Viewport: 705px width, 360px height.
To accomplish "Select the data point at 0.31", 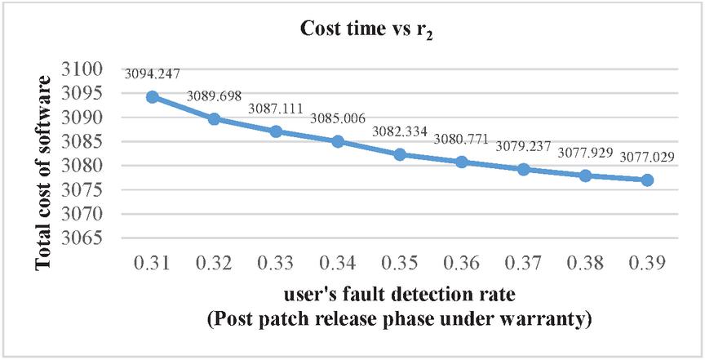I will pos(152,96).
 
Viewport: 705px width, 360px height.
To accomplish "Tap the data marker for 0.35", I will pos(400,154).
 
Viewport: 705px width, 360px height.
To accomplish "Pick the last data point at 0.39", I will pos(647,180).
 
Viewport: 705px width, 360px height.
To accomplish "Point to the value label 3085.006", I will pos(337,119).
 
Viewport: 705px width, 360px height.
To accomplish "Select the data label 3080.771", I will pos(462,140).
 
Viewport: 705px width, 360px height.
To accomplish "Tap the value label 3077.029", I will pos(646,157).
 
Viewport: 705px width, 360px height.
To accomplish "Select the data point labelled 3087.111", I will pos(276,131).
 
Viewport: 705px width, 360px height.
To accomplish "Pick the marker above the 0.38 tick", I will pos(585,176).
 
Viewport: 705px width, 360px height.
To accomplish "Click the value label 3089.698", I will pos(214,96).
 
